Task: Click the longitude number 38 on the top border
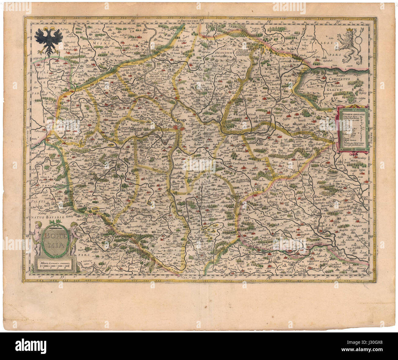click(268, 21)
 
